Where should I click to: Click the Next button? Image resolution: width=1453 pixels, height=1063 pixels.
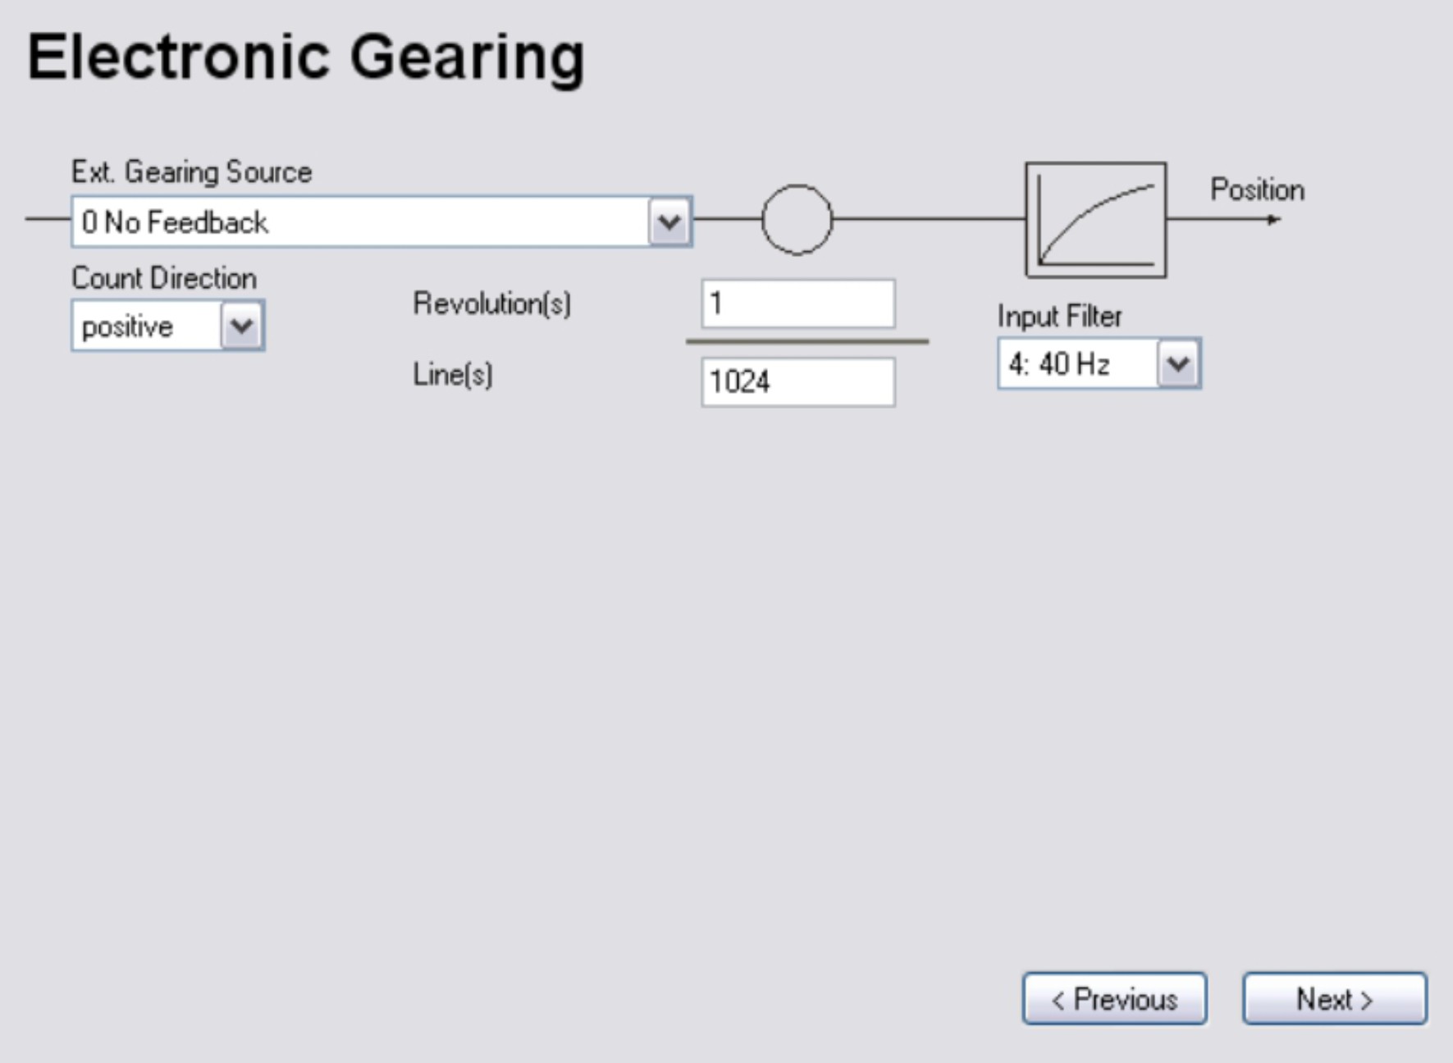[1334, 999]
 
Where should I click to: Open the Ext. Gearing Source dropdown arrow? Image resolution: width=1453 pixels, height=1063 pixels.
[669, 221]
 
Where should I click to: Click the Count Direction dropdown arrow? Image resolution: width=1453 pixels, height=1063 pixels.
[242, 326]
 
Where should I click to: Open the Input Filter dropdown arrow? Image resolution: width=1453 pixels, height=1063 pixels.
[1178, 363]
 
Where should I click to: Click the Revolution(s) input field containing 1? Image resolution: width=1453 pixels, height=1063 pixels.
[797, 304]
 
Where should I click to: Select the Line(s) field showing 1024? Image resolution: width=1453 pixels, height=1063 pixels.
[797, 382]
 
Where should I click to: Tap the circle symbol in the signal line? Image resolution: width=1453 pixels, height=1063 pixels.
[797, 220]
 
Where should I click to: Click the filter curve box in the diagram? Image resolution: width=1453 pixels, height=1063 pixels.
[1095, 220]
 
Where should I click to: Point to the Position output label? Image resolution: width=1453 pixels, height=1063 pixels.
[1257, 190]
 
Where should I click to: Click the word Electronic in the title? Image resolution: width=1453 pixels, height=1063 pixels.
[178, 57]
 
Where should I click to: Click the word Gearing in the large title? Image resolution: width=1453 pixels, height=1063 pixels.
[467, 57]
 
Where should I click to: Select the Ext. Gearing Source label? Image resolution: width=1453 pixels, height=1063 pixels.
[192, 172]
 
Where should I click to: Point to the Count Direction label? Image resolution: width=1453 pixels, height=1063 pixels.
[164, 279]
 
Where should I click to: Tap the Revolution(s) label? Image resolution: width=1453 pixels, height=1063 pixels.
[491, 304]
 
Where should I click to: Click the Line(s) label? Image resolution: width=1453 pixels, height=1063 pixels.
[452, 375]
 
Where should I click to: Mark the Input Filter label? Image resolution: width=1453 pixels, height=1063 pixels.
[1059, 317]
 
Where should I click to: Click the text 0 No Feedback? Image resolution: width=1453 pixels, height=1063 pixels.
[175, 222]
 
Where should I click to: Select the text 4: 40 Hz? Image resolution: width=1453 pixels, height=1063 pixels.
[1058, 364]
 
